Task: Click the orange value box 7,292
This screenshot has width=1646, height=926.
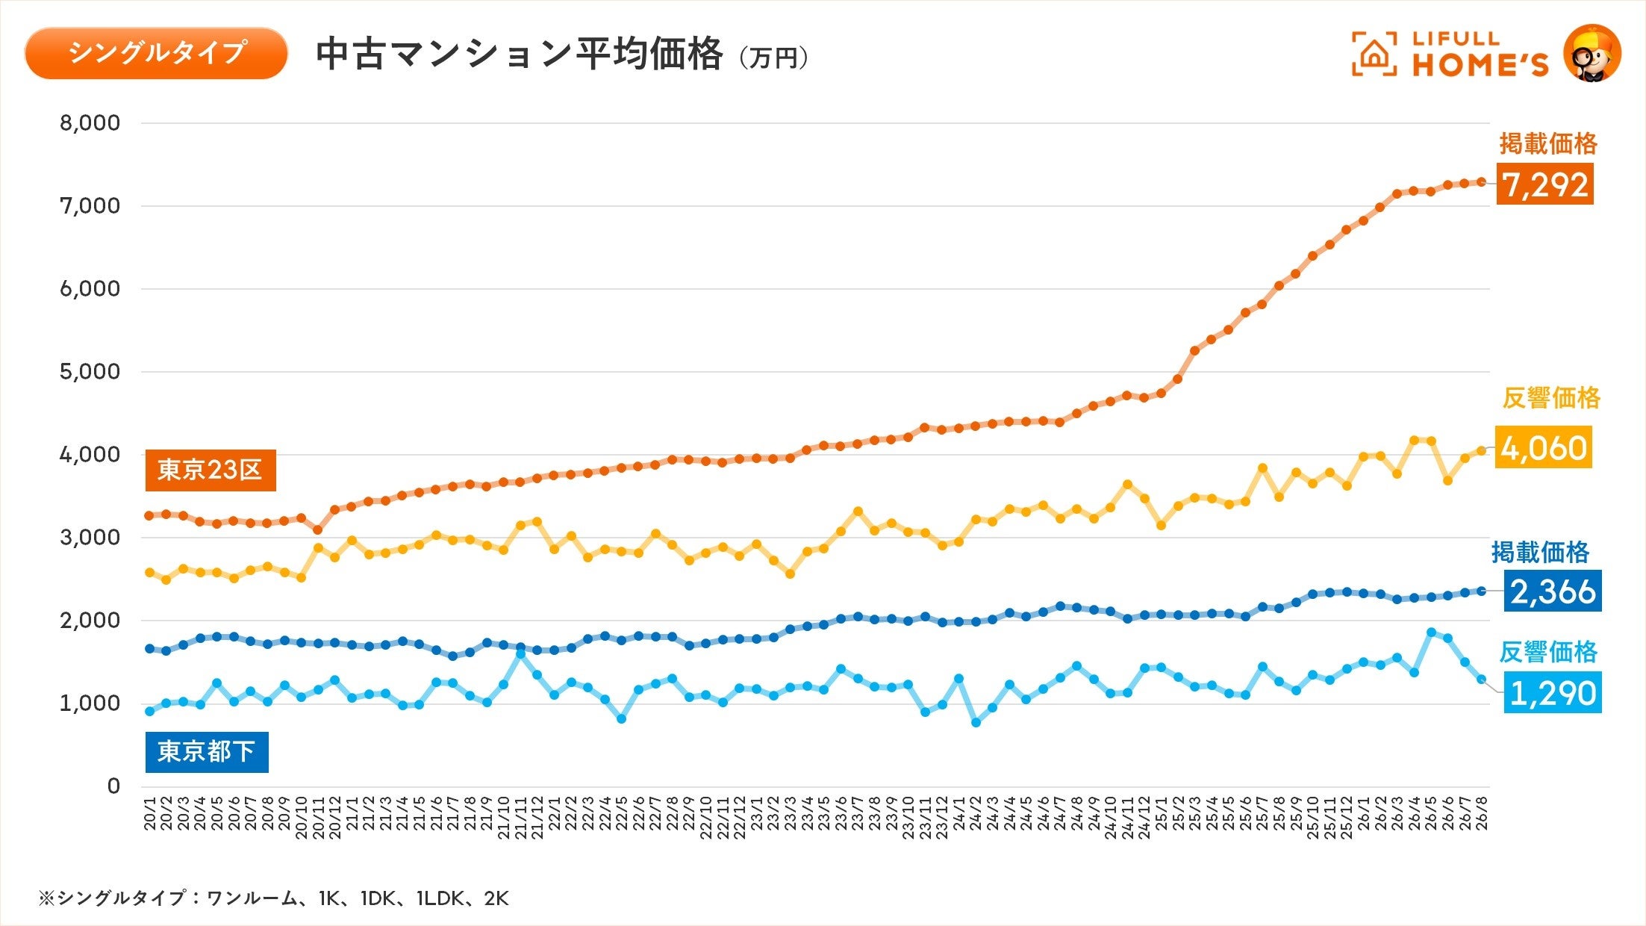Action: click(1544, 184)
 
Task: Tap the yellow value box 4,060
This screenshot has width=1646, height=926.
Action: click(1543, 447)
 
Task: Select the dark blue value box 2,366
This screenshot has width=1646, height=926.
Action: click(1553, 591)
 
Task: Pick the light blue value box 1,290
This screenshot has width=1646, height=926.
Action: click(1553, 692)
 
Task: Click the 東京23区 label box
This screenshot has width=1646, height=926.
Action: click(211, 470)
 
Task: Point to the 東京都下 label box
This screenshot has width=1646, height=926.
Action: click(207, 751)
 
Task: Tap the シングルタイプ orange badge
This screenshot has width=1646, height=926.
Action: click(156, 53)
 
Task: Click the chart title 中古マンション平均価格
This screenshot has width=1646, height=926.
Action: click(519, 54)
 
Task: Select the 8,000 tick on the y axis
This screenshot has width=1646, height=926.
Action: click(90, 123)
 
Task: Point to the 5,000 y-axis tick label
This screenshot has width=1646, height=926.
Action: click(90, 372)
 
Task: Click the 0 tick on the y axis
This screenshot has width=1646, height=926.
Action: click(113, 786)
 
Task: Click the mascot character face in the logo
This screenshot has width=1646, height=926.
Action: click(1592, 53)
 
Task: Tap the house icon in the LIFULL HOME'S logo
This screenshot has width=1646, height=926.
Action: click(1374, 54)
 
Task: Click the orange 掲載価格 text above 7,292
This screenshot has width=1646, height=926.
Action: click(1548, 143)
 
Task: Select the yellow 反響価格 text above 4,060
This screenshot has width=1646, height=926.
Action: click(1551, 398)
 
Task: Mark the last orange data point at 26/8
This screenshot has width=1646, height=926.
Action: click(1482, 181)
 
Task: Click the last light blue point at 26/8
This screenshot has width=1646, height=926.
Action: click(1482, 679)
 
